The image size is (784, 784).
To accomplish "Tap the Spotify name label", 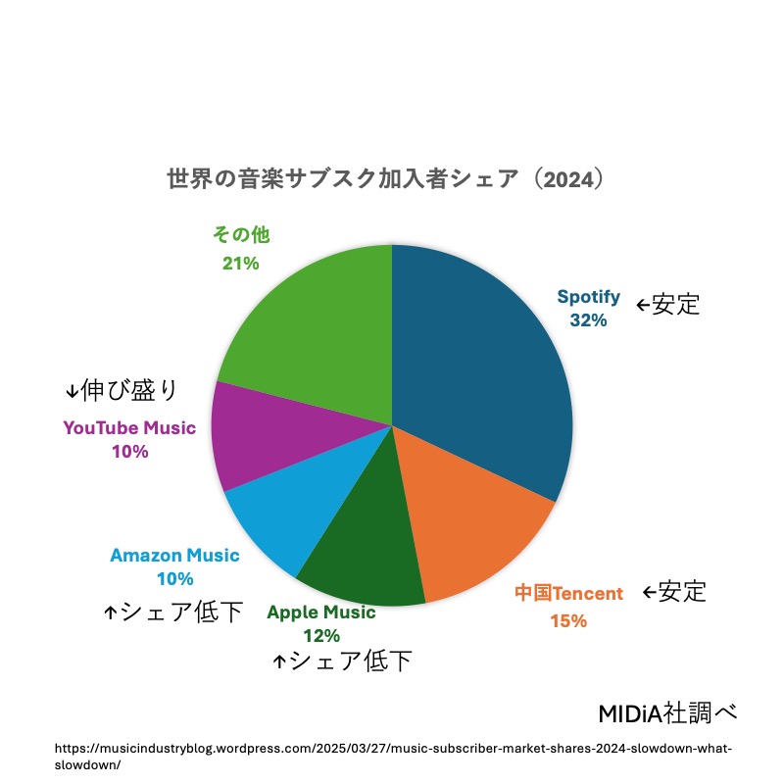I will (x=589, y=297).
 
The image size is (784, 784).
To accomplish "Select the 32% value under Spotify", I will (x=589, y=319).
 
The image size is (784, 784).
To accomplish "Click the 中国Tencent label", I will (x=568, y=593).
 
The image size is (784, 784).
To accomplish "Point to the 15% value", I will (x=568, y=620).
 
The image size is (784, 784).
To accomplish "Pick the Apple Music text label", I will (x=321, y=612).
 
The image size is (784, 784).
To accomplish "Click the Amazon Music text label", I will (x=174, y=556).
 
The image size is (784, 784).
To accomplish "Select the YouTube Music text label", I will (x=129, y=428).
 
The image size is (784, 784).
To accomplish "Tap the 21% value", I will (x=240, y=263).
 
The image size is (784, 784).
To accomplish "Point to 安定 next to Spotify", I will (x=675, y=304).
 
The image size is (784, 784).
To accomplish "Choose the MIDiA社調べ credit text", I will (x=666, y=710).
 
